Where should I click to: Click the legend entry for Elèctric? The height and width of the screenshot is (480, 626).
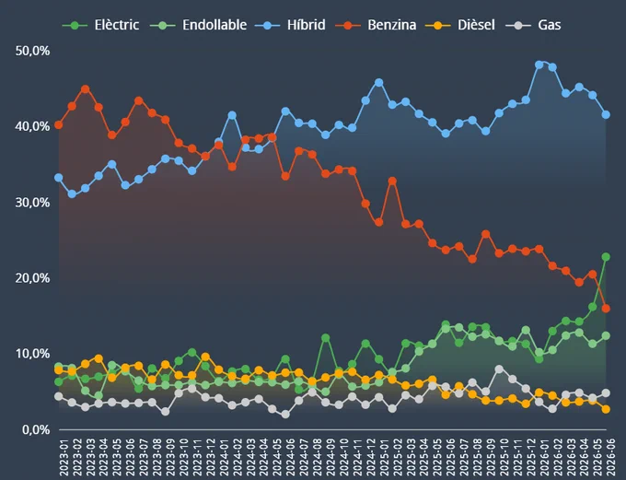point(100,25)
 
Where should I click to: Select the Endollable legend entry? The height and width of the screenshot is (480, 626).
point(199,25)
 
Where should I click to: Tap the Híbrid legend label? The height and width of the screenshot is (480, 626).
point(290,25)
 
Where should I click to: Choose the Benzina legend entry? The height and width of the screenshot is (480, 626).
point(376,25)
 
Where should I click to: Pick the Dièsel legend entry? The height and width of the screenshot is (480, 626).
point(460,25)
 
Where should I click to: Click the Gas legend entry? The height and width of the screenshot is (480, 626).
point(533,25)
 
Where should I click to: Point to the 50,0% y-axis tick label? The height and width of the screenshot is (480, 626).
point(32,51)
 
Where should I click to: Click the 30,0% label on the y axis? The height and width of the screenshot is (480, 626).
point(32,203)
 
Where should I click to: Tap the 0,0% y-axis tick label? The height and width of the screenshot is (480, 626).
point(36,429)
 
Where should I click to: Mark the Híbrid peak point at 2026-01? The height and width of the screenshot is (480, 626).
point(539,64)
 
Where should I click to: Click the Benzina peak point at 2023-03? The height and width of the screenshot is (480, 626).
point(85,88)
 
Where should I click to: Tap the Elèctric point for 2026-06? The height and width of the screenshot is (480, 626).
point(606,257)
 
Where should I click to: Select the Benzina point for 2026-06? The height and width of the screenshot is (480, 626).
point(606,308)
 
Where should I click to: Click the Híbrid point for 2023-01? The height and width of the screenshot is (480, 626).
point(59,178)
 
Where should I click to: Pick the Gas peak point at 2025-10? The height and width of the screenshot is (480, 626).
point(499,369)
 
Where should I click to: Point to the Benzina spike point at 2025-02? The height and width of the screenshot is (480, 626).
point(392,181)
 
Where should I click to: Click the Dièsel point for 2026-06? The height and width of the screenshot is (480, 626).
point(606,409)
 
